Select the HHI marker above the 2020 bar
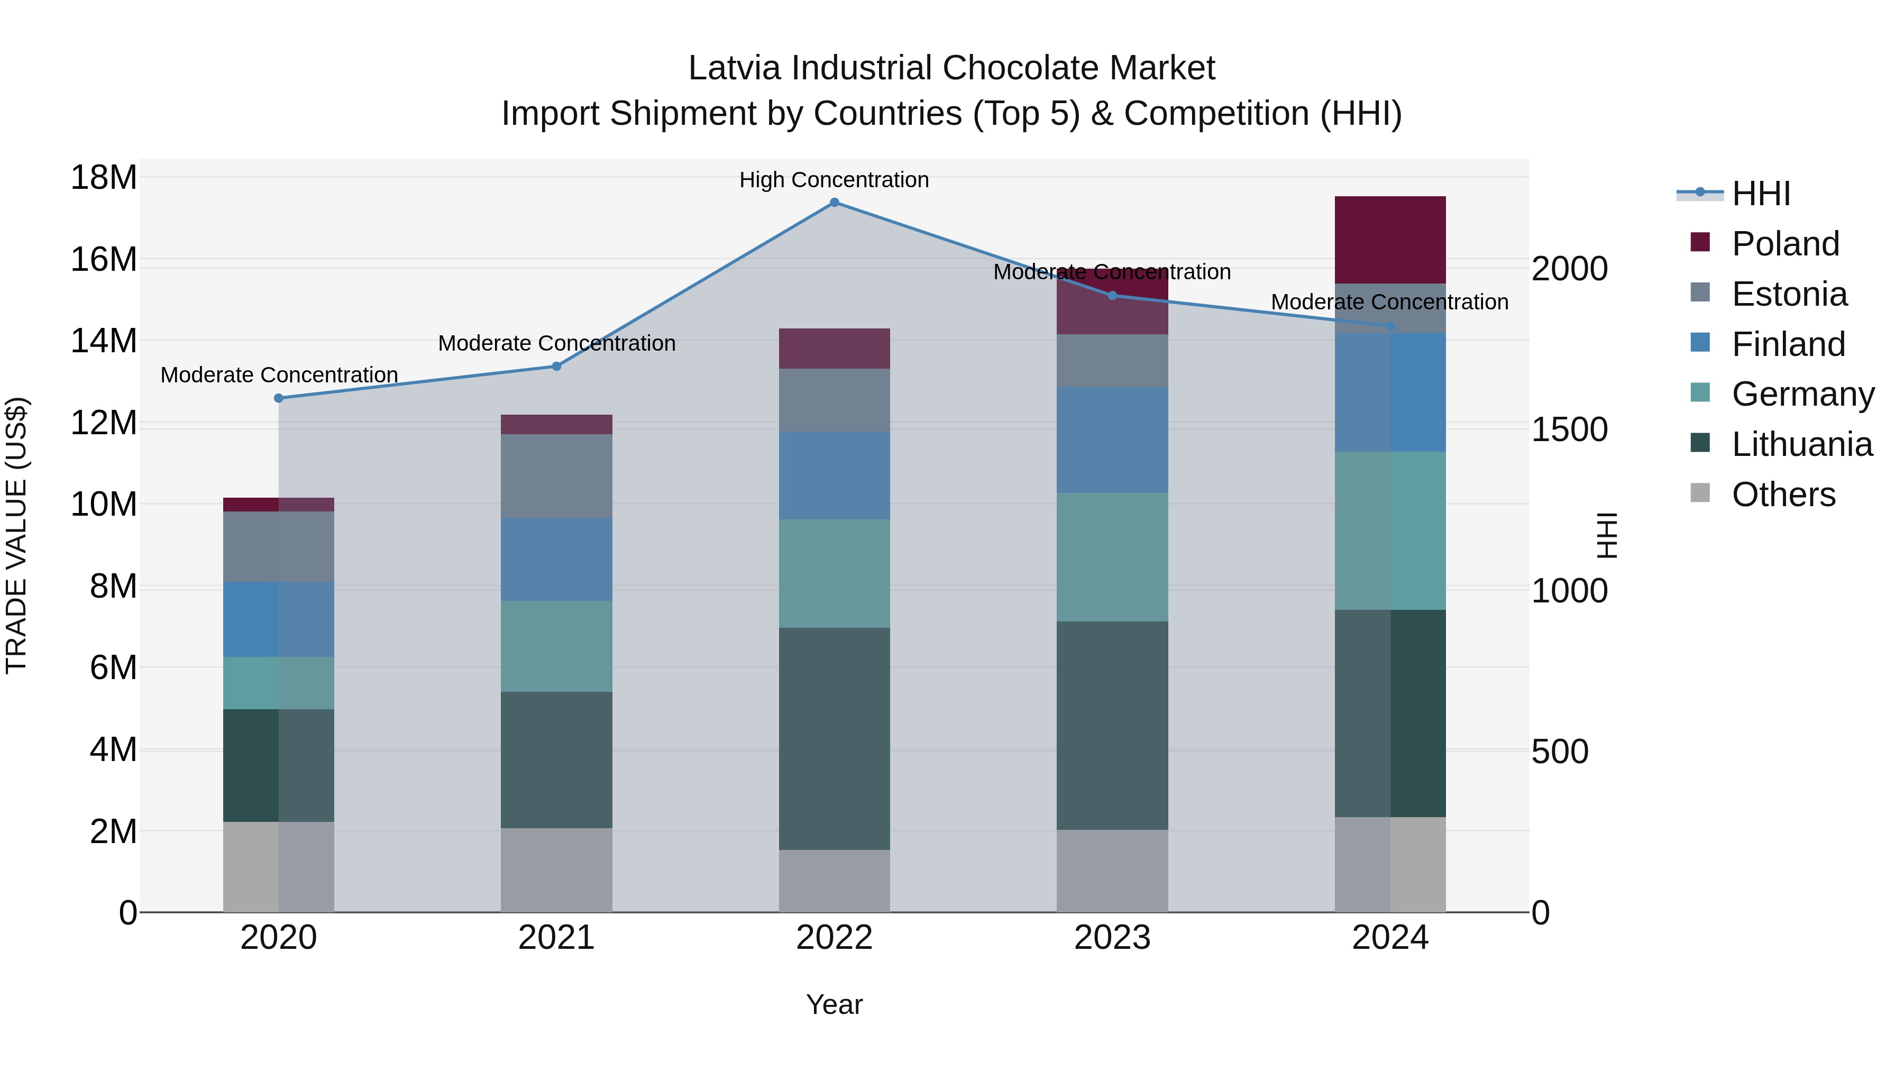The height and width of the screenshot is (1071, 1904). coord(279,398)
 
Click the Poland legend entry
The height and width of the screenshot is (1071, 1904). coord(1784,244)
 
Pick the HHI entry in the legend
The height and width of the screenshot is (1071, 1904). coord(1761,194)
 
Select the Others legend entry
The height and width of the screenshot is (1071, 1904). coord(1783,495)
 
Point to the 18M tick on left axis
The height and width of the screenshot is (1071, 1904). coord(104,177)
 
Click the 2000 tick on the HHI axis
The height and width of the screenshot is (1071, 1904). coord(1569,269)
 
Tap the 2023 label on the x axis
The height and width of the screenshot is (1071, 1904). coord(1112,938)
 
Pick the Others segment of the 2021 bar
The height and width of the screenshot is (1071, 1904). coord(556,870)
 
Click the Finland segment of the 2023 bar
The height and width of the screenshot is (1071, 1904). coord(1112,440)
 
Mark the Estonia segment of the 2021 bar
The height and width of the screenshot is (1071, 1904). coord(556,475)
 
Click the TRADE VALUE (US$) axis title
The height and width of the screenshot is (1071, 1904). coord(16,535)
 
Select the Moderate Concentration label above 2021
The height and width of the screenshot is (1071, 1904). coord(556,344)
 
